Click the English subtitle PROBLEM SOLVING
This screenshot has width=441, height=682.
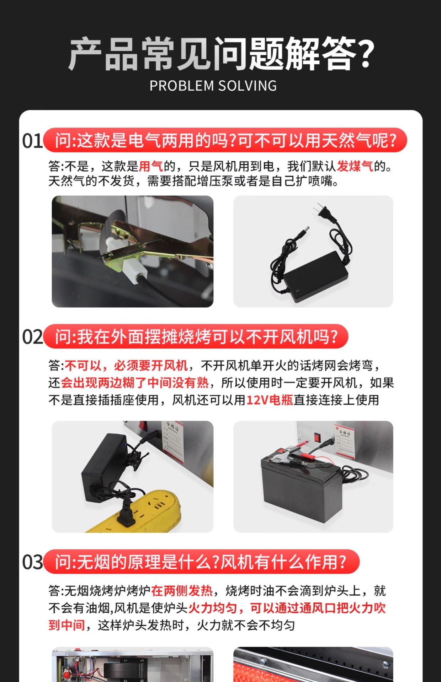pyautogui.click(x=213, y=86)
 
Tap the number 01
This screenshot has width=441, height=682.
pyautogui.click(x=32, y=141)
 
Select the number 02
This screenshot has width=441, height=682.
pyautogui.click(x=32, y=337)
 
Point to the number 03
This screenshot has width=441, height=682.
pyautogui.click(x=32, y=562)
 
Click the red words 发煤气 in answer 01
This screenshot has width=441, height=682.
pyautogui.click(x=355, y=166)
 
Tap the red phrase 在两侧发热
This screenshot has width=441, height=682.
pyautogui.click(x=182, y=591)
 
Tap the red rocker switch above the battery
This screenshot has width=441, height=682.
pyautogui.click(x=317, y=437)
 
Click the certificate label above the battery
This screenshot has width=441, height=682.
pyautogui.click(x=345, y=440)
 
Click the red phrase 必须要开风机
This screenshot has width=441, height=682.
pyautogui.click(x=151, y=366)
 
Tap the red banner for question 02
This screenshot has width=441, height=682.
pyautogui.click(x=195, y=337)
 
